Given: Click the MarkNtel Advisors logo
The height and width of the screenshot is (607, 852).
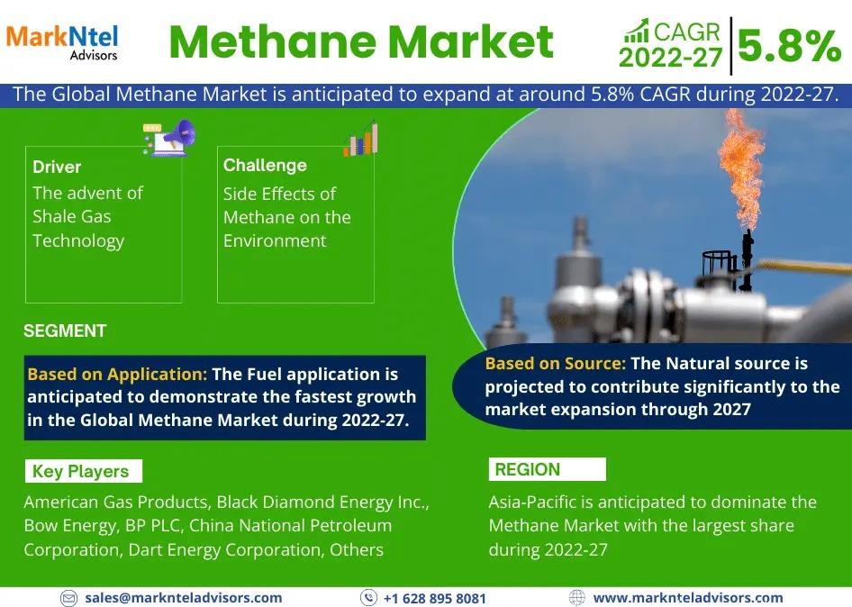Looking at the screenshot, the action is coord(62,42).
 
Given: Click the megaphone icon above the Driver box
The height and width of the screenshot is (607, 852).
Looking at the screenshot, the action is coord(169,138).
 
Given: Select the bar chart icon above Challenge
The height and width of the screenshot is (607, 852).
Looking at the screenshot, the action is coord(360,140).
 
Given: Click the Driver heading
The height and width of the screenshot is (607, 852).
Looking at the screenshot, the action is coord(57,167).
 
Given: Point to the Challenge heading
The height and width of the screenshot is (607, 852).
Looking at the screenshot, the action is coord(265,165).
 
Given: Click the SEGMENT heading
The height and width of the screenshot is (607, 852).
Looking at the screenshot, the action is coord(65,331).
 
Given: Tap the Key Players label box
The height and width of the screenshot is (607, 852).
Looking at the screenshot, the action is coord(84,471).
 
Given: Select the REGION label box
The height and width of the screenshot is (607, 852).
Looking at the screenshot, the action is coord(548,469).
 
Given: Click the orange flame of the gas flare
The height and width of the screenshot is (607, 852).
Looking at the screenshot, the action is coord(741,168).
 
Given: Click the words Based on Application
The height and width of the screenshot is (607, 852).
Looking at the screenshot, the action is coord(117,374).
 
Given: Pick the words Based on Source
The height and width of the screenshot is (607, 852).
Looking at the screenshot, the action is coord(556,363).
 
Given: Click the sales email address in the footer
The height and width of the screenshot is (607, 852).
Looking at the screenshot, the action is coord(184,598).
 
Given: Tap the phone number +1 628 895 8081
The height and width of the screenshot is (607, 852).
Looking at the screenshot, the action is coord(435,598).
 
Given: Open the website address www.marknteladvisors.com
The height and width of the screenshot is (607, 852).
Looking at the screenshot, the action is coord(688,598).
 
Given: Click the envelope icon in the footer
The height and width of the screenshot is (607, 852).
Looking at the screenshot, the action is coord(68,598).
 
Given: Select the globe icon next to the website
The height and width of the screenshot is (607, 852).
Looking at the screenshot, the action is coord(576,598).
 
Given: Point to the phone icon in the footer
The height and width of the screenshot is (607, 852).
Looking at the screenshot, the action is coord(369,598).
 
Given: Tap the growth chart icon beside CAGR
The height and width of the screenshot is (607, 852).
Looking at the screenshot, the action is coord(637,31).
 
